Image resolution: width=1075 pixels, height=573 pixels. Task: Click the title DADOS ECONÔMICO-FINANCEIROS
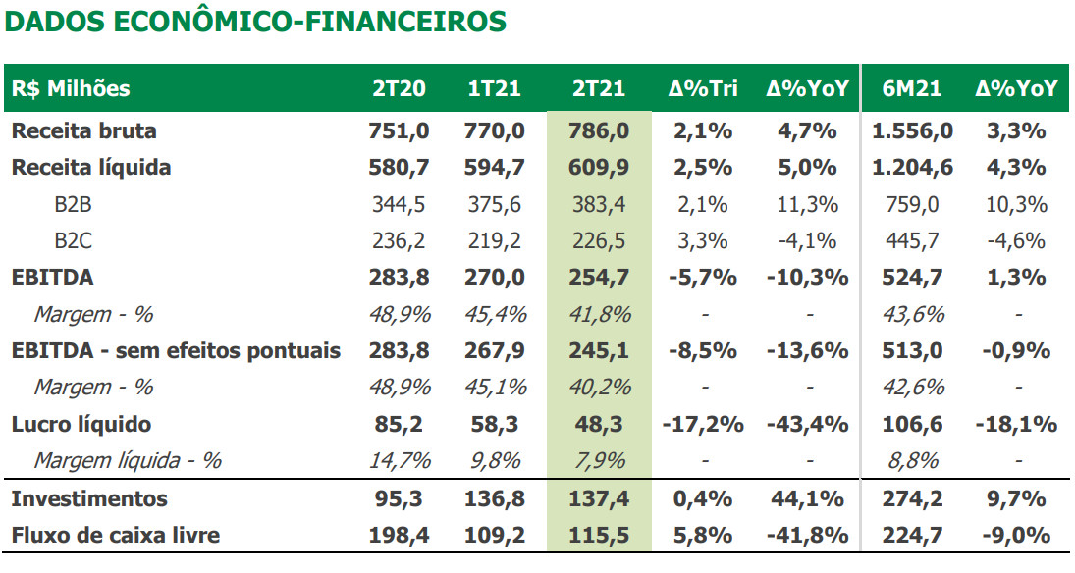click(256, 22)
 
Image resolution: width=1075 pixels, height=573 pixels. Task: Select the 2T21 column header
click(598, 88)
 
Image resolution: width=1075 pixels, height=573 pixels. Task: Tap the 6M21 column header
click(911, 88)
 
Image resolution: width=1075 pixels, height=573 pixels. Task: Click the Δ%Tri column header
click(703, 88)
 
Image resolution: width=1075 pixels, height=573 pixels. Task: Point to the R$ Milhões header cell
click(71, 88)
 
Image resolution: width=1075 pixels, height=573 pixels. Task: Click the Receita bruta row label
click(84, 130)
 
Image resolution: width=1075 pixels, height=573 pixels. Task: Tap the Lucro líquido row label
click(81, 424)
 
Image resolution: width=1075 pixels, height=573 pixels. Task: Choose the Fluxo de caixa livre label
click(116, 535)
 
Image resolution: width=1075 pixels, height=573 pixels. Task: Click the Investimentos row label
click(89, 498)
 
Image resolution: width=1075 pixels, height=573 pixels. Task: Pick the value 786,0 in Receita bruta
click(598, 130)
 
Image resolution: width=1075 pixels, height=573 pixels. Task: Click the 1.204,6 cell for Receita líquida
click(912, 167)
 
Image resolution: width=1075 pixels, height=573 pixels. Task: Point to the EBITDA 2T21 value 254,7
click(598, 277)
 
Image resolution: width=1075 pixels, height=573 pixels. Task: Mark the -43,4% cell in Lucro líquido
click(808, 424)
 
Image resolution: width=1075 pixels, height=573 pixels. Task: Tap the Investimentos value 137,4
click(598, 498)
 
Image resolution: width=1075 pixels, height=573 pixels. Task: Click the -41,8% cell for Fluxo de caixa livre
click(808, 535)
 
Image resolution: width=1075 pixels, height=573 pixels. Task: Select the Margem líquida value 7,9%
click(598, 460)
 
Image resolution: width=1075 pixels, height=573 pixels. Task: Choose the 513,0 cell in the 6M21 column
click(912, 350)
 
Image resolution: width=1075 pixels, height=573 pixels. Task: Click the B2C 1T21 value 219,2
click(494, 240)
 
